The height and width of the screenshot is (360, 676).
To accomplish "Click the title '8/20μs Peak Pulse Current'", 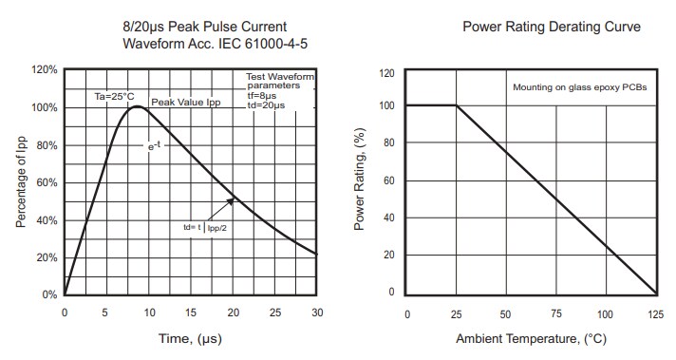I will pyautogui.click(x=205, y=26).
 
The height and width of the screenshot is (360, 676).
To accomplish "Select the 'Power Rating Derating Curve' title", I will pyautogui.click(x=551, y=27).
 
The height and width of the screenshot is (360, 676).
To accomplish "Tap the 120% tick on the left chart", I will pyautogui.click(x=45, y=70).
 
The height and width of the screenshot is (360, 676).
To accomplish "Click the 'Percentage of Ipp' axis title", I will pyautogui.click(x=20, y=182).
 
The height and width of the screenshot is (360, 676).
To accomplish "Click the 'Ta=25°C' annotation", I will pyautogui.click(x=113, y=96).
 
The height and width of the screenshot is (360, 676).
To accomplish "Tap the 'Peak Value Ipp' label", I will pyautogui.click(x=185, y=102).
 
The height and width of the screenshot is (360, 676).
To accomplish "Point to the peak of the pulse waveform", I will pyautogui.click(x=138, y=106).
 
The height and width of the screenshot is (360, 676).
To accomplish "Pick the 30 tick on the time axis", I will pyautogui.click(x=316, y=313).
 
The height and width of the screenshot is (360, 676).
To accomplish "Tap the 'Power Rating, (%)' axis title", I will pyautogui.click(x=360, y=182).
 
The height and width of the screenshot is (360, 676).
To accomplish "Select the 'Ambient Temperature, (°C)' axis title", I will pyautogui.click(x=531, y=338).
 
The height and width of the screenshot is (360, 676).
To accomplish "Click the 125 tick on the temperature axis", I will pyautogui.click(x=655, y=313).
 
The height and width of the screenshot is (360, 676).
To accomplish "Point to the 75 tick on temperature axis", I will pyautogui.click(x=555, y=313).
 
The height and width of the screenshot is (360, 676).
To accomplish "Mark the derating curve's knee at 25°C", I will pyautogui.click(x=457, y=105).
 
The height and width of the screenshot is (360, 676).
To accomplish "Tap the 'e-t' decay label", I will pyautogui.click(x=152, y=146).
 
